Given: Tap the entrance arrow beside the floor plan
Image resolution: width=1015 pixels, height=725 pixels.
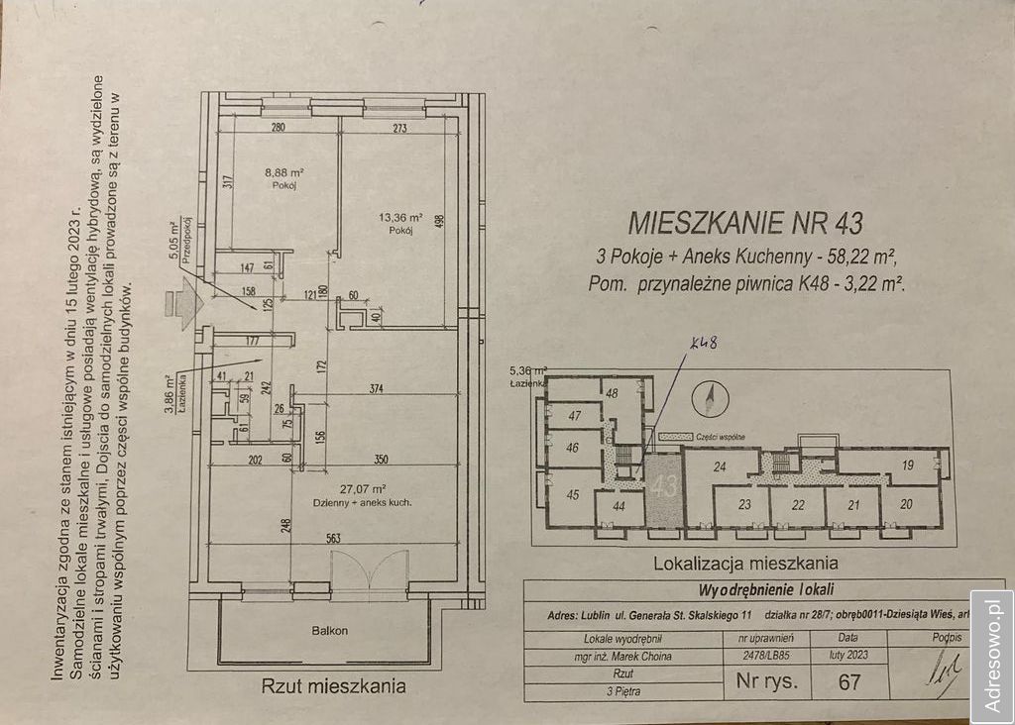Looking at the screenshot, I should point(184,297).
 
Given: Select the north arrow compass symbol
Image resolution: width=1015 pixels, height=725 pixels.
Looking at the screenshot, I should point(710,399).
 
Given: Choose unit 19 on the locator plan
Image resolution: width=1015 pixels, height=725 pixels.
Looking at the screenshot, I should point(907,465).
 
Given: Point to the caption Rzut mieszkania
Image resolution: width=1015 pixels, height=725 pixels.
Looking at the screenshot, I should point(333,685).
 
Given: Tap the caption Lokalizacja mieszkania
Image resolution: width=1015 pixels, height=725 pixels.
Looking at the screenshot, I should point(745,564).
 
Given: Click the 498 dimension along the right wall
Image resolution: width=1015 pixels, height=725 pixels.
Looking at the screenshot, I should point(452,222).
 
